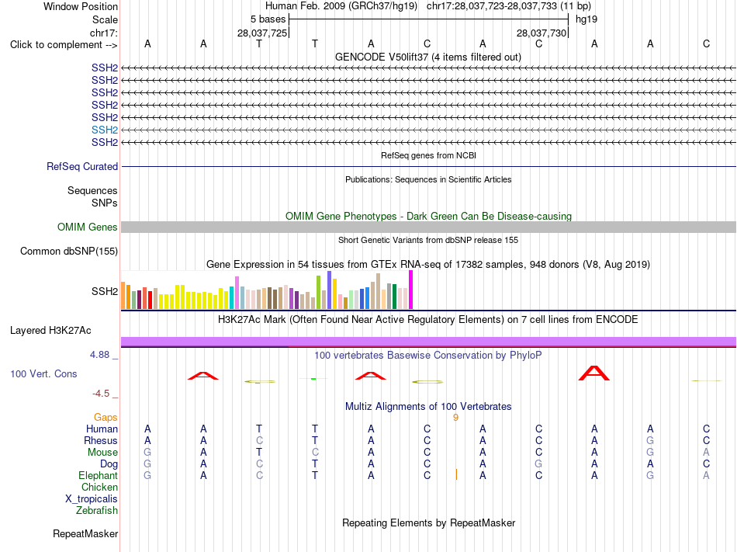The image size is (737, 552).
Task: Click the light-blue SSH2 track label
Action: tap(105, 130)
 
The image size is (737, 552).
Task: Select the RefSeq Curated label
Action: tap(82, 166)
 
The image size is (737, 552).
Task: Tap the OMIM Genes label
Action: tap(88, 227)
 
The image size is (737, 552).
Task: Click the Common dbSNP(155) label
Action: tap(69, 251)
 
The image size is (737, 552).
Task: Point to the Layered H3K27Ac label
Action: tap(50, 331)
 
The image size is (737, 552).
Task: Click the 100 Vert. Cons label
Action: tap(43, 373)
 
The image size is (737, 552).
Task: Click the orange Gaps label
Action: tap(106, 417)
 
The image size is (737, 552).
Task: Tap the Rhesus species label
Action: tap(101, 440)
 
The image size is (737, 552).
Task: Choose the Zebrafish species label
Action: tap(97, 510)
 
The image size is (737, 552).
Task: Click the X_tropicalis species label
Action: tap(92, 499)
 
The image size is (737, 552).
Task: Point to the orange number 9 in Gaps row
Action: tap(455, 418)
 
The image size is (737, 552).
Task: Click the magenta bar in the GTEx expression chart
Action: tap(411, 290)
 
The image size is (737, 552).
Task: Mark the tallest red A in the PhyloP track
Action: tap(594, 373)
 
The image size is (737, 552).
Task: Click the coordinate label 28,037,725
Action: tap(261, 33)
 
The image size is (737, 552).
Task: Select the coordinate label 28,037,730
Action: tap(541, 33)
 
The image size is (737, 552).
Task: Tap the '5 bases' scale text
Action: tap(268, 19)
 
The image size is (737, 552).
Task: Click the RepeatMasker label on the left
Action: tap(85, 533)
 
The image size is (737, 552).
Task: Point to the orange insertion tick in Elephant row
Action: tap(456, 474)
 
